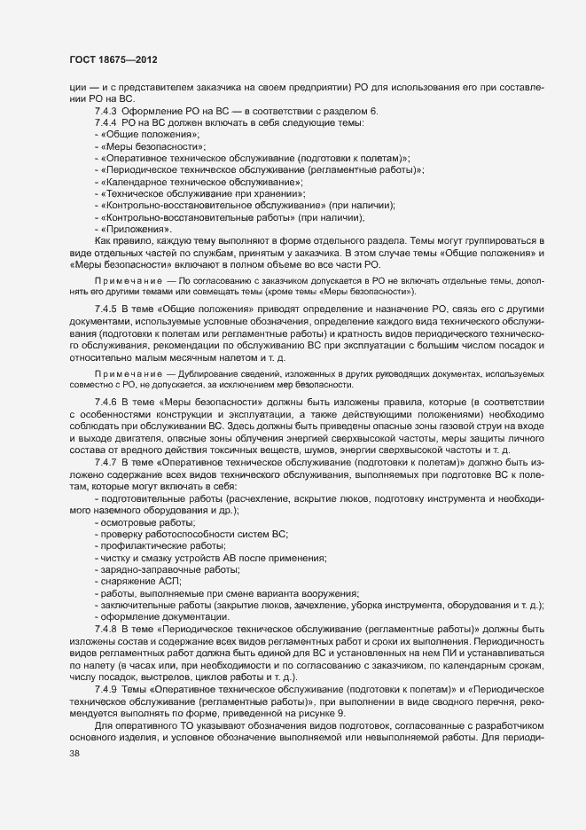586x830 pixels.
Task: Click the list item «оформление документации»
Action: (158, 616)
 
